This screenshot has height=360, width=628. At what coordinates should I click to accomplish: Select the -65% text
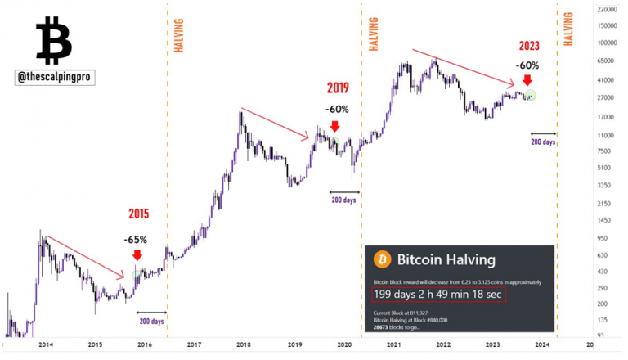[x=135, y=240]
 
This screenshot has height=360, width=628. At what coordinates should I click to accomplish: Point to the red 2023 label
[x=529, y=45]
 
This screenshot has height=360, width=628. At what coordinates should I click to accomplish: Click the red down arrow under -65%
[x=137, y=256]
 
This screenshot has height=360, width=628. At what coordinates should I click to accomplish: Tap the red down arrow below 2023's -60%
[x=527, y=80]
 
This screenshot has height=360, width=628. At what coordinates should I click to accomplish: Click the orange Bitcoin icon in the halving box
[x=381, y=259]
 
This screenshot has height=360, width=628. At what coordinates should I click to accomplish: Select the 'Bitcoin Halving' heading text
[x=446, y=259]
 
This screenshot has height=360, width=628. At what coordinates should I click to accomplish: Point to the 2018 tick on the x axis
[x=244, y=346]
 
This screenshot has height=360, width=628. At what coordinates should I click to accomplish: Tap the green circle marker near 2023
[x=531, y=96]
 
